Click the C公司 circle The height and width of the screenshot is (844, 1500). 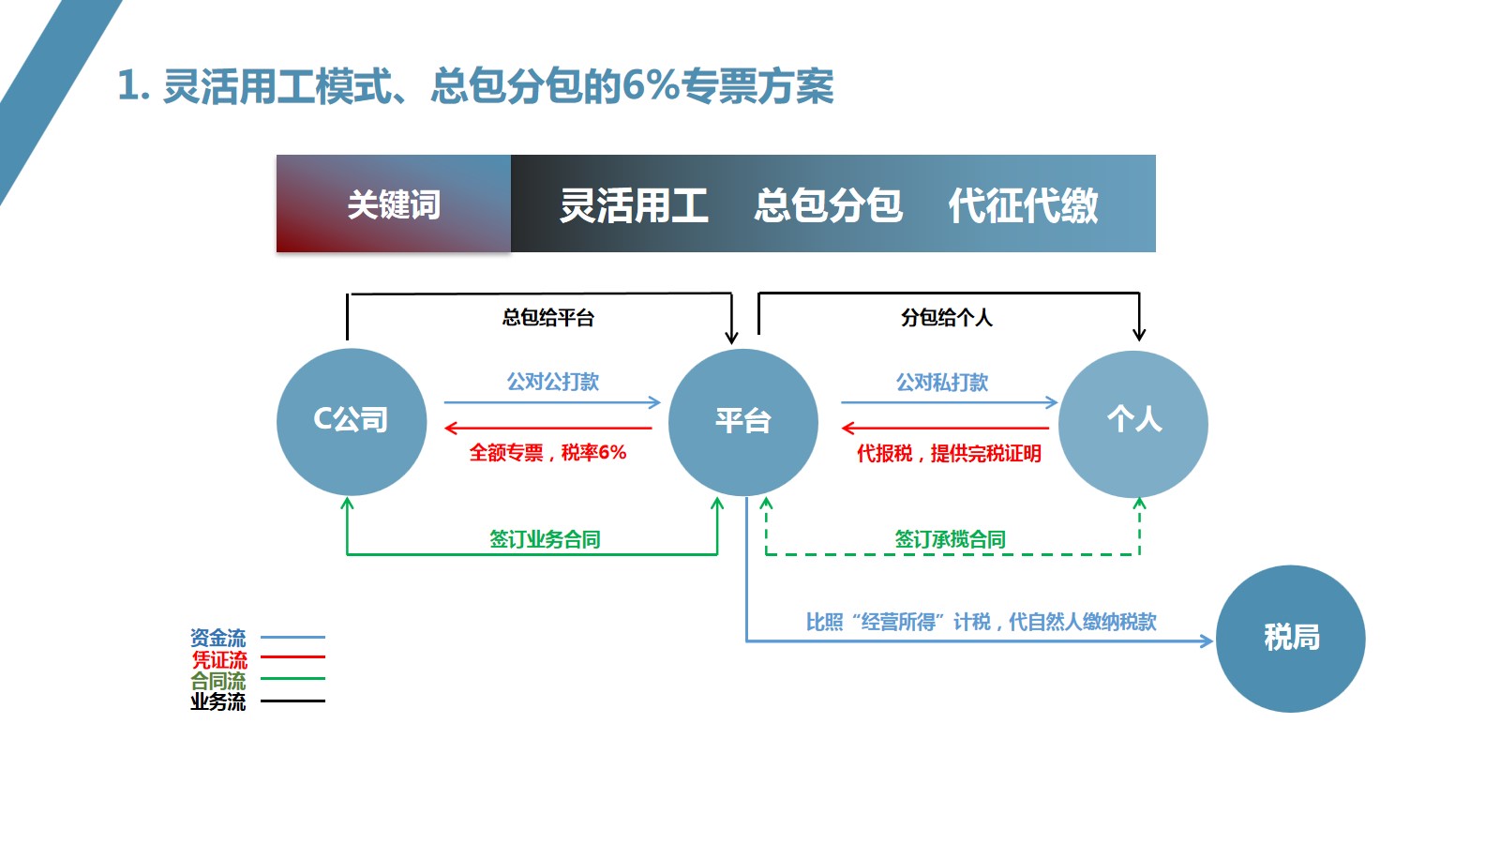(352, 422)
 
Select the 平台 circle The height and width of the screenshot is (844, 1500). (742, 422)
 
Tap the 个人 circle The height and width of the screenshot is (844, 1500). (1133, 424)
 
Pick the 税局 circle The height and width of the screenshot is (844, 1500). (1290, 639)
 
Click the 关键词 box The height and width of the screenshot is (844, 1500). (394, 204)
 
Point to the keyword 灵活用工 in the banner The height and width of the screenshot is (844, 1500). (634, 205)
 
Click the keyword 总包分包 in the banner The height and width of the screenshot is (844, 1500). (828, 205)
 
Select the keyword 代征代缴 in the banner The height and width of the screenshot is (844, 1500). (1023, 205)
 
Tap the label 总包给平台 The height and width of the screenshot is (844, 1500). (548, 318)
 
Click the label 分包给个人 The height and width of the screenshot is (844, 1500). (946, 318)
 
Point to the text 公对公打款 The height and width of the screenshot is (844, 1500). (552, 382)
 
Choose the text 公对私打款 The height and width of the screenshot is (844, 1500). (942, 383)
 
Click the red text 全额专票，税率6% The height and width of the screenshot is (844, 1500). (547, 453)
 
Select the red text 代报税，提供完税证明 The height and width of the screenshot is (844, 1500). (949, 454)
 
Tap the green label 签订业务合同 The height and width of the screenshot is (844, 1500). (545, 539)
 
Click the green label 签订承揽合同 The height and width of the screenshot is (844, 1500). (950, 539)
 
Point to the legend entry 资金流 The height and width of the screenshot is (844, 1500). (218, 638)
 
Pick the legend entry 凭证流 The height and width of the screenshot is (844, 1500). (219, 659)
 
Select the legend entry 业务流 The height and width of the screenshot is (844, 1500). (218, 701)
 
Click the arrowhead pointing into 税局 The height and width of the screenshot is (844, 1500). (1207, 641)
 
